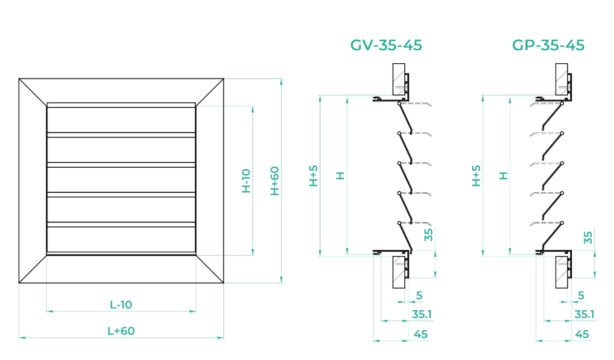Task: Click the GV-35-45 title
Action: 386,45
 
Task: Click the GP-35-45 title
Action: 548,45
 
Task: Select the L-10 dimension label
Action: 121,305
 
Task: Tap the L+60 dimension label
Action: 121,331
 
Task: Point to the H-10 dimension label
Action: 246,181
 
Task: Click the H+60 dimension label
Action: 275,181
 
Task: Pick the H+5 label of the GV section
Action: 313,175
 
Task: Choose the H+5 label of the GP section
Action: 476,175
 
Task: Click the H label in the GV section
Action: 340,175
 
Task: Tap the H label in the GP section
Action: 503,175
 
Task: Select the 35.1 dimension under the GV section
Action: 422,314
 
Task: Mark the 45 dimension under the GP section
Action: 582,334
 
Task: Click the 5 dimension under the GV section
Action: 419,295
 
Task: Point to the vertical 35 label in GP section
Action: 588,238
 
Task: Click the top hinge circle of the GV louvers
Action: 400,104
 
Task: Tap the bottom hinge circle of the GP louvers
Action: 562,223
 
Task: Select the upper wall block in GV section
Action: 399,80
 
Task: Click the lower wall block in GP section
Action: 561,272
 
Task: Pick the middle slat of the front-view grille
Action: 121,180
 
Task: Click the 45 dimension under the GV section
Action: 421,334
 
